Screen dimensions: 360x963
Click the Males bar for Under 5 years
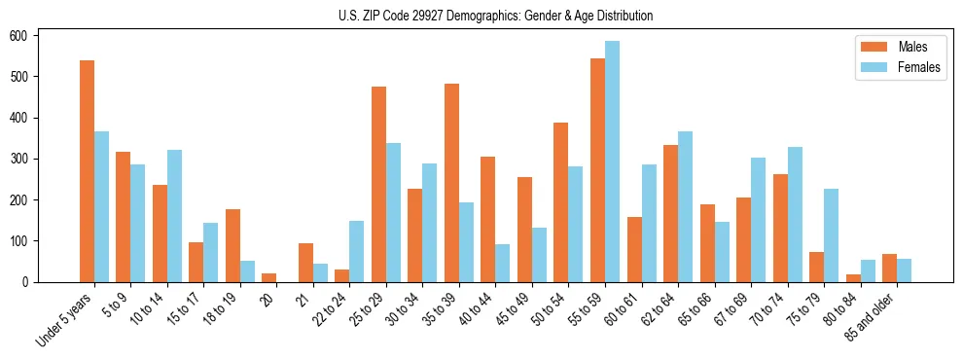[x=87, y=171]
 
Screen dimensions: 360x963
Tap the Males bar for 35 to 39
[x=451, y=183]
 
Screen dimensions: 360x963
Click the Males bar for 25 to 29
[x=378, y=185]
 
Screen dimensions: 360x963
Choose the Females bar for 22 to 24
[x=356, y=251]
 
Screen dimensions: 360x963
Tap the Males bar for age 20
[x=268, y=277]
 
